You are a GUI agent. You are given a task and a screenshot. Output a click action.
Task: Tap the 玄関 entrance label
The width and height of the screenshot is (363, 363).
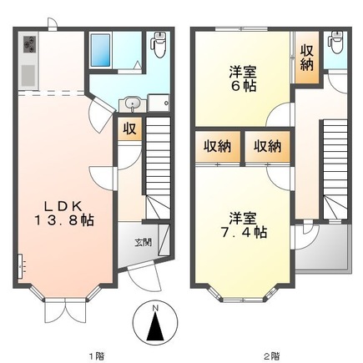click(x=142, y=244)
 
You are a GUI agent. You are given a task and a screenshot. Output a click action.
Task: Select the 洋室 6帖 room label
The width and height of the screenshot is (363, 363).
click(x=241, y=78)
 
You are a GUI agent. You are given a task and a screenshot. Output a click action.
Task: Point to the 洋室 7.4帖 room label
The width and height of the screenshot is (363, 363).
click(x=241, y=224)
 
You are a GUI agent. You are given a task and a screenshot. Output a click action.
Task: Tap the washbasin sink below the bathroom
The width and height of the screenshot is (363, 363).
click(x=131, y=104)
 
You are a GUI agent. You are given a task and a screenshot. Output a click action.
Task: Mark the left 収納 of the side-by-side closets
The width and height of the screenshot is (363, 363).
click(x=217, y=146)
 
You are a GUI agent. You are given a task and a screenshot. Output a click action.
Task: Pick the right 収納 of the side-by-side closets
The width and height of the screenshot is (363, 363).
click(x=268, y=146)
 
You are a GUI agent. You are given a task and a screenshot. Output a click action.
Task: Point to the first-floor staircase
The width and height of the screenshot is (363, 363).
click(x=158, y=170)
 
